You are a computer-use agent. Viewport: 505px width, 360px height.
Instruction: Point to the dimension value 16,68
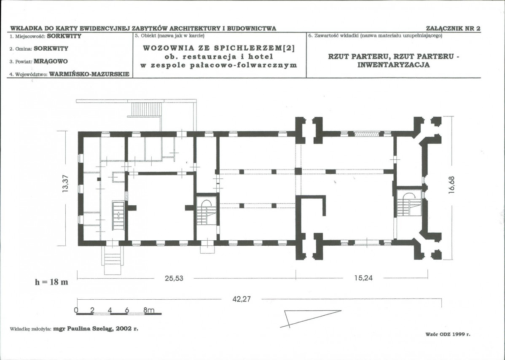(451, 185)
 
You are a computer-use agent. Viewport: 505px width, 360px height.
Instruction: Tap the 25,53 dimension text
(174, 278)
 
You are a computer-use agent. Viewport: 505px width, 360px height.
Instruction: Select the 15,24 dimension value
(363, 278)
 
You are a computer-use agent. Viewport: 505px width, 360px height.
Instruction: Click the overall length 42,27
(242, 299)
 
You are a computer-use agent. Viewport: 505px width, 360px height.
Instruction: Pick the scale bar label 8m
(149, 310)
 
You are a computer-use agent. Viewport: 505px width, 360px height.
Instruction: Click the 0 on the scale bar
(76, 310)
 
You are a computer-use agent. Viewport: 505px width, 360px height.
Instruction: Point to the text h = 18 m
(51, 282)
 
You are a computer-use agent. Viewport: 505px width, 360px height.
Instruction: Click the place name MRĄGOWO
(51, 61)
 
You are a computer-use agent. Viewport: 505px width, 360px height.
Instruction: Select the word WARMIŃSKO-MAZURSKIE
(89, 74)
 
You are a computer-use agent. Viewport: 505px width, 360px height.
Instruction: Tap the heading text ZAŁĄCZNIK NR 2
(453, 28)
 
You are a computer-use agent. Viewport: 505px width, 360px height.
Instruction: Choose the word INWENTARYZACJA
(394, 65)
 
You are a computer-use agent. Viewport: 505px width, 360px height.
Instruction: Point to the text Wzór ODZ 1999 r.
(448, 334)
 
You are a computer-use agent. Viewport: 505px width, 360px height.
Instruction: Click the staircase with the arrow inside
(118, 215)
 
